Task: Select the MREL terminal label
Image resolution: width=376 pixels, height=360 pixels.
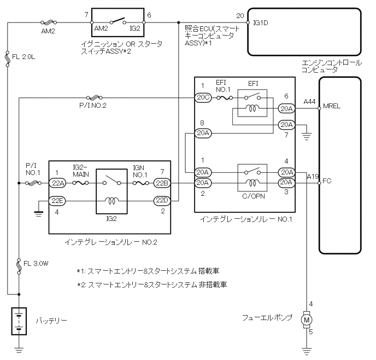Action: click(332, 106)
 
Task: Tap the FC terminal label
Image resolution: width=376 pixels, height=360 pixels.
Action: click(327, 179)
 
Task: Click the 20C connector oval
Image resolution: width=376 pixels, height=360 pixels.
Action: click(202, 98)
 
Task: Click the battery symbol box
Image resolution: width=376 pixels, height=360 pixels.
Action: click(19, 321)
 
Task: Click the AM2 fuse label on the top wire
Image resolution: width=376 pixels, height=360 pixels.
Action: click(48, 31)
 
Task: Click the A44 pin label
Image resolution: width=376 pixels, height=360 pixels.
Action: click(309, 102)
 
